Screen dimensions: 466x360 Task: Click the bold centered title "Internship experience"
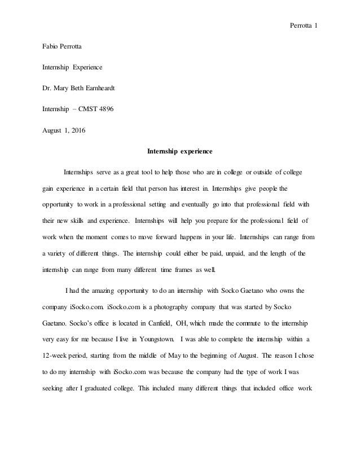click(x=179, y=151)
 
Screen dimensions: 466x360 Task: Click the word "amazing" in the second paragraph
click(x=117, y=292)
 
